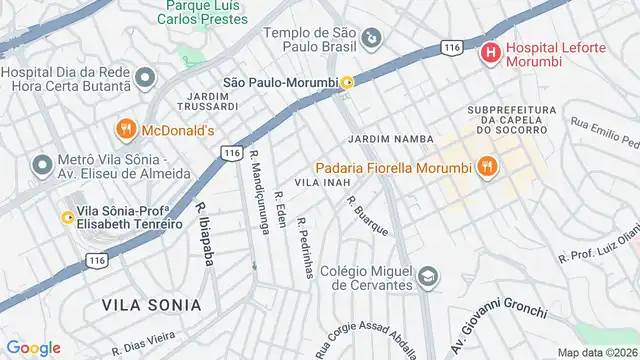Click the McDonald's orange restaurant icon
pyautogui.click(x=125, y=129)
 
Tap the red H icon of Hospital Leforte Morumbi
pyautogui.click(x=490, y=51)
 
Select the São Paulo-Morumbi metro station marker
pyautogui.click(x=347, y=82)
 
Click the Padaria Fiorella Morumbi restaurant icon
pyautogui.click(x=487, y=167)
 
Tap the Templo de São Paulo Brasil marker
pyautogui.click(x=371, y=39)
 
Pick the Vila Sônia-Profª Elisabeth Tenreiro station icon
pyautogui.click(x=67, y=217)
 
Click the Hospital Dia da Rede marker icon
pyautogui.click(x=145, y=78)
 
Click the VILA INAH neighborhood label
pyautogui.click(x=321, y=183)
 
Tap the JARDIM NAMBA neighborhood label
pyautogui.click(x=391, y=137)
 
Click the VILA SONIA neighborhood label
pyautogui.click(x=151, y=303)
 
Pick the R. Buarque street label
pyautogui.click(x=368, y=215)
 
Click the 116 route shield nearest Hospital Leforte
pyautogui.click(x=453, y=47)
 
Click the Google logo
pyautogui.click(x=33, y=348)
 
